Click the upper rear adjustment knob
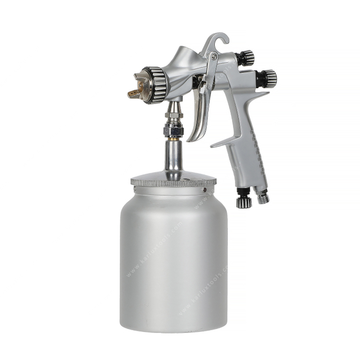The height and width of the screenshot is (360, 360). (x=245, y=57)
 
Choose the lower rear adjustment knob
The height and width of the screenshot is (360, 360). (x=267, y=78)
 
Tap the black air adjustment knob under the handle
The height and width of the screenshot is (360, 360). (x=244, y=200)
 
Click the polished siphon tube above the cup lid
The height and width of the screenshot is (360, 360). (x=173, y=157)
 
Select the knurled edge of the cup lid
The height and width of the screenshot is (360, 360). (x=173, y=182)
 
